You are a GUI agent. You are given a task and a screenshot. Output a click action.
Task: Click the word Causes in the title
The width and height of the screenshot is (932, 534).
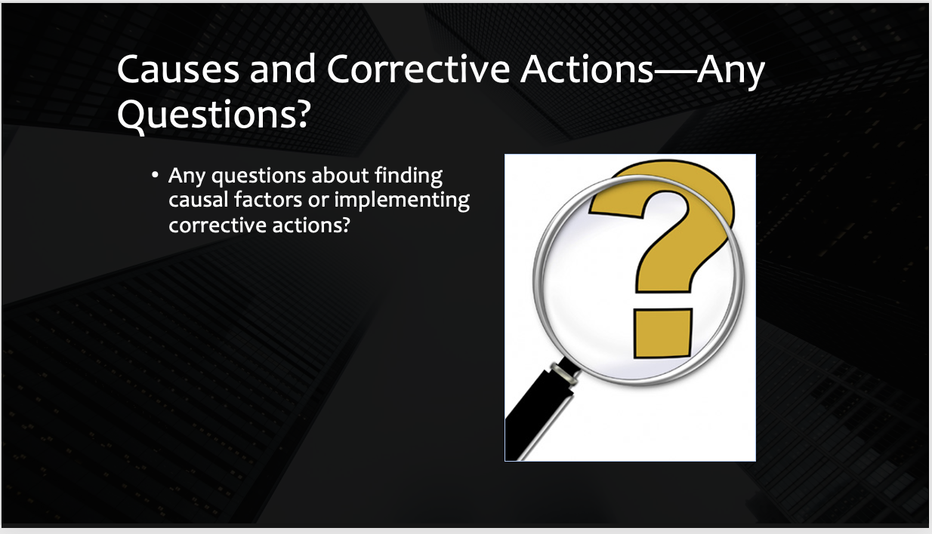tap(178, 69)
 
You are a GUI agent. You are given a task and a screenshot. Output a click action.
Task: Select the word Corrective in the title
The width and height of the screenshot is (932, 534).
tap(418, 69)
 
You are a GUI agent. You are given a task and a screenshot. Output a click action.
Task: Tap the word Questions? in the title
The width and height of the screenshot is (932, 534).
tap(214, 115)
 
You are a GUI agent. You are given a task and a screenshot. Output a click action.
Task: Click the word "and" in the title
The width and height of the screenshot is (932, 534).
tap(283, 69)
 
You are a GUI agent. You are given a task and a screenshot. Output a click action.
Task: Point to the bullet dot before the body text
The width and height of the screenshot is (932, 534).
tap(155, 175)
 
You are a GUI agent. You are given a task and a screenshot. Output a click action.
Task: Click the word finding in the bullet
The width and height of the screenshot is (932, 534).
tap(409, 176)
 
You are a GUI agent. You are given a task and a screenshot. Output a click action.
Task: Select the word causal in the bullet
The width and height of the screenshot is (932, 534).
tap(199, 200)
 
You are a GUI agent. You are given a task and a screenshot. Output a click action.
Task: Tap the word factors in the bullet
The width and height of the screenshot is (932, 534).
tap(268, 200)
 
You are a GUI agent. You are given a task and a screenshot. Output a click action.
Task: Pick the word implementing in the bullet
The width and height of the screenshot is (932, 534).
tap(402, 201)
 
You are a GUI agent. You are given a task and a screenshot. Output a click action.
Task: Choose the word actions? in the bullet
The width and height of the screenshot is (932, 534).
tap(311, 226)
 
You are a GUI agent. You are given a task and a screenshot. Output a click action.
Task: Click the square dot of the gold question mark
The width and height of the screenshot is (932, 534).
tap(662, 333)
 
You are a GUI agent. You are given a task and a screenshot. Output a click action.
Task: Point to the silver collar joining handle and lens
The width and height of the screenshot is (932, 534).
tap(564, 373)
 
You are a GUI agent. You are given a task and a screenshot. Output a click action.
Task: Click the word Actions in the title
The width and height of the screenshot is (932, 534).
tap(587, 69)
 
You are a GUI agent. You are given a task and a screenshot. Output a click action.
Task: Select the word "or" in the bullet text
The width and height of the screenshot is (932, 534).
tap(318, 201)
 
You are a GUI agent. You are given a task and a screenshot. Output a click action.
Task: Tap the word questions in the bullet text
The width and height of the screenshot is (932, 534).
tap(259, 176)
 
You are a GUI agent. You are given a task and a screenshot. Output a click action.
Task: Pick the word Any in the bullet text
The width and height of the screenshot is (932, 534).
tap(187, 176)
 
